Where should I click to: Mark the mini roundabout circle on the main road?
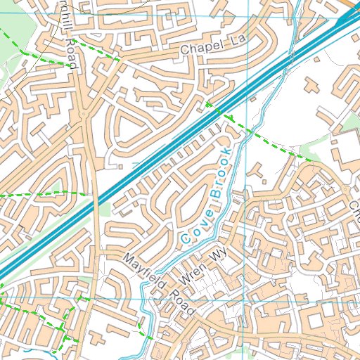[84, 112]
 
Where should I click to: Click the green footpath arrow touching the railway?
[209, 106]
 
